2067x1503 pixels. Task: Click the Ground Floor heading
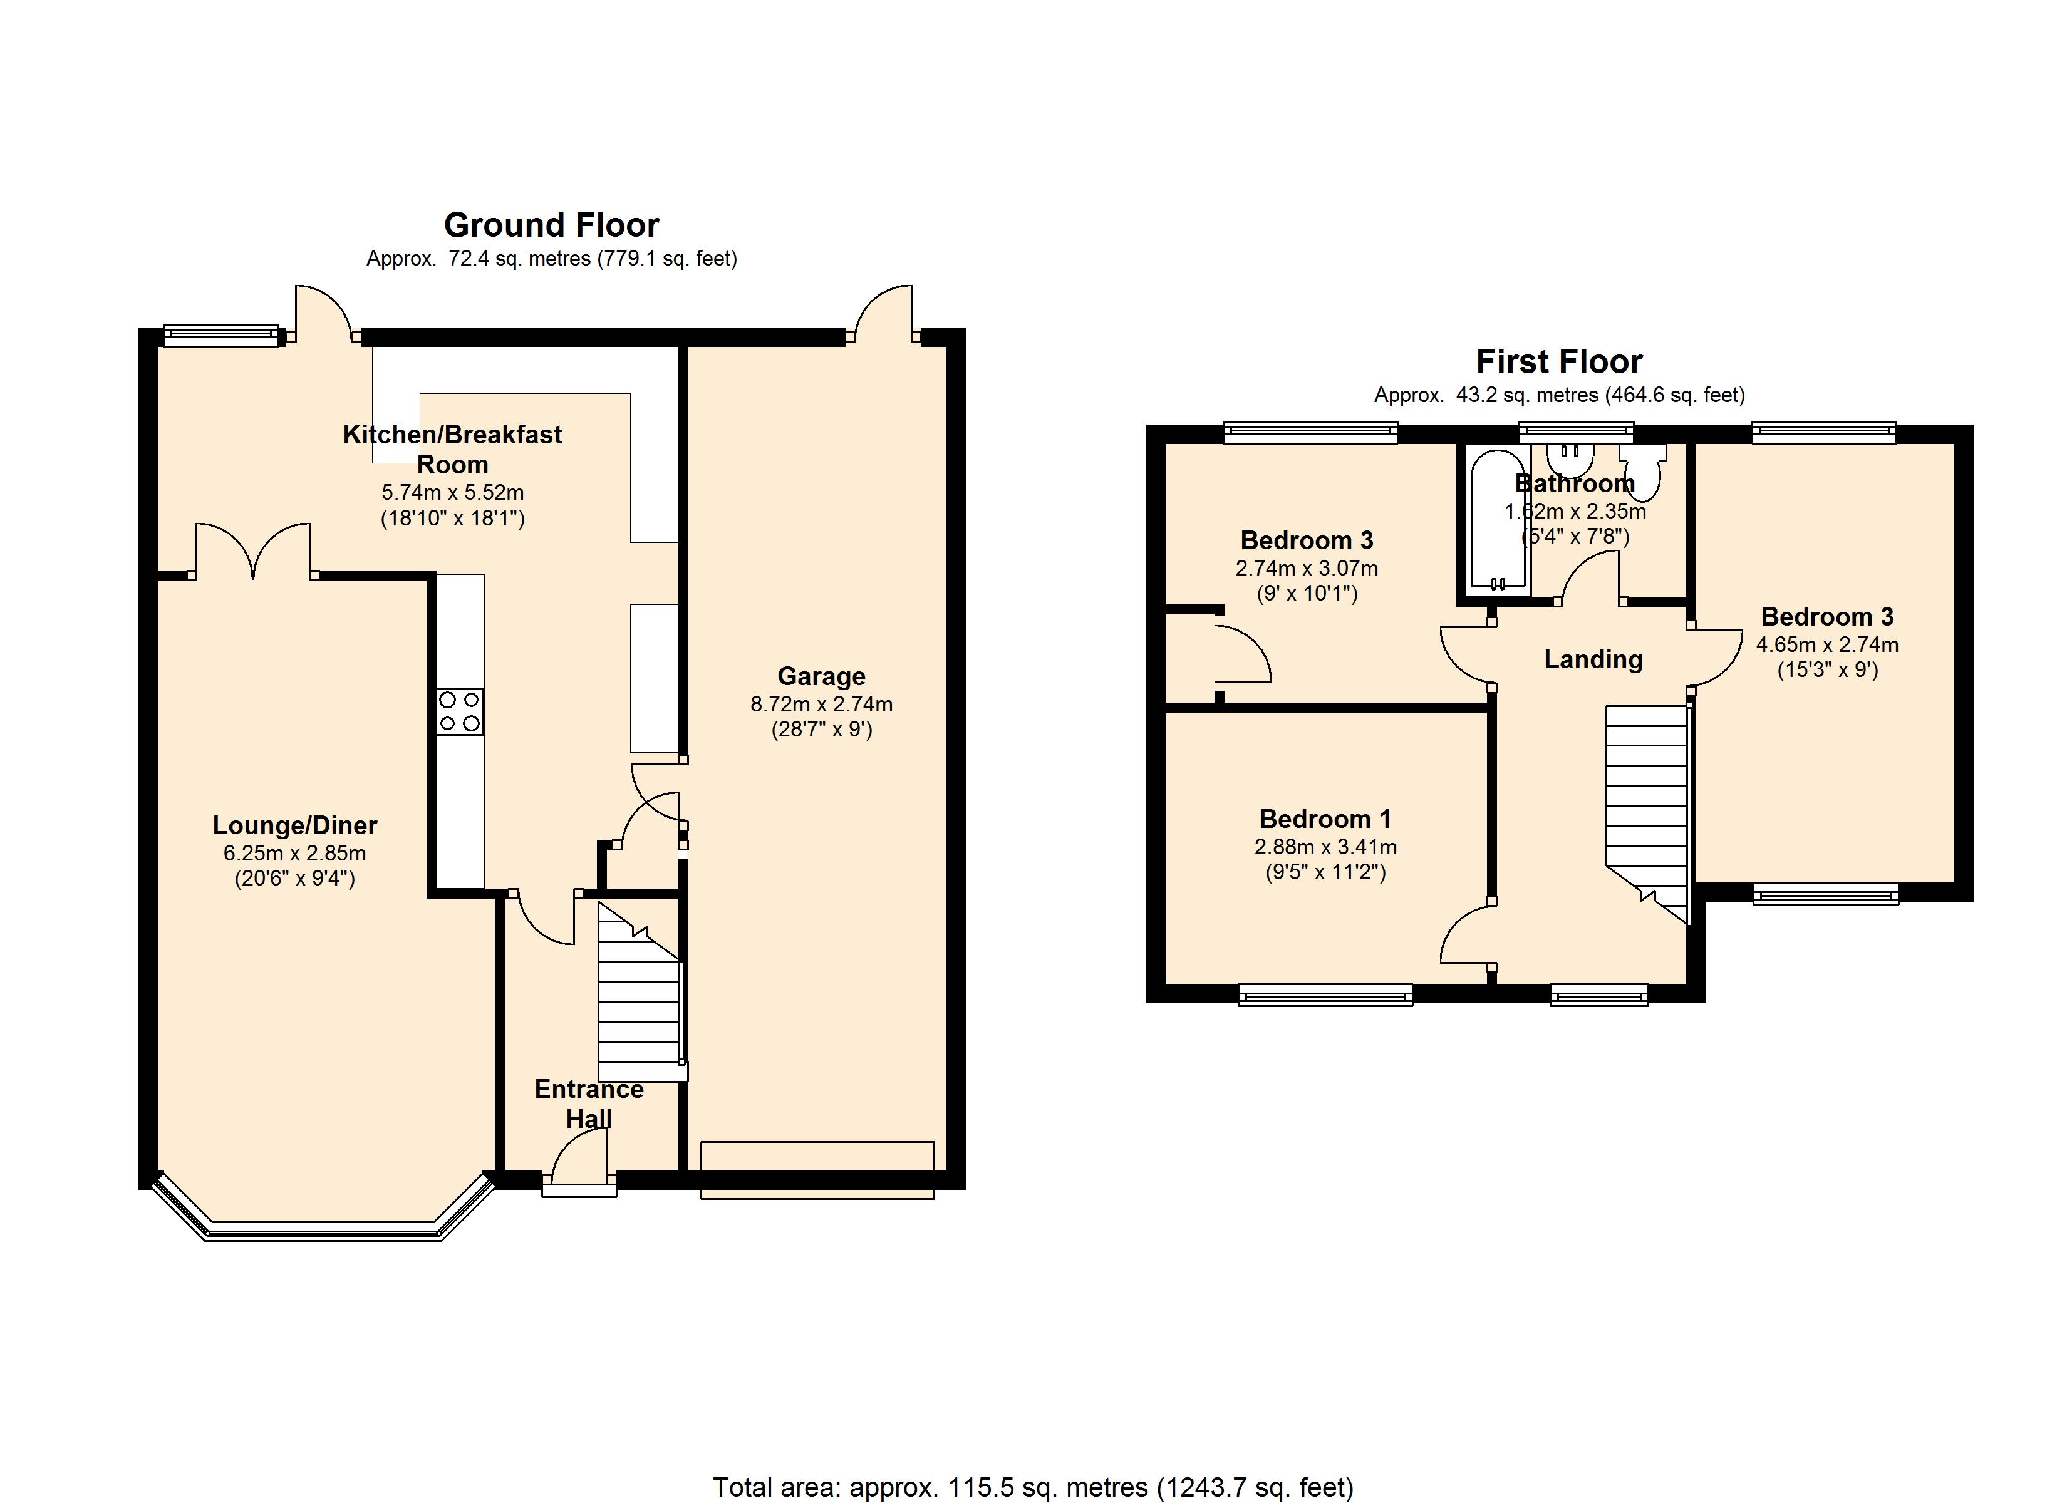pyautogui.click(x=551, y=225)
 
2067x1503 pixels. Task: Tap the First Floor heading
pyautogui.click(x=1560, y=362)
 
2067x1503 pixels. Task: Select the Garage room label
pyautogui.click(x=821, y=676)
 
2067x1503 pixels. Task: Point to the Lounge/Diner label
pyautogui.click(x=294, y=826)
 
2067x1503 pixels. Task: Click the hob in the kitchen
pyautogui.click(x=460, y=712)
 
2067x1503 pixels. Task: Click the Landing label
pyautogui.click(x=1593, y=659)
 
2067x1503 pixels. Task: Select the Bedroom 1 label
pyautogui.click(x=1325, y=819)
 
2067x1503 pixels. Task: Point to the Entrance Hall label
pyautogui.click(x=589, y=1104)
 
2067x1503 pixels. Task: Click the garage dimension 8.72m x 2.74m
pyautogui.click(x=821, y=704)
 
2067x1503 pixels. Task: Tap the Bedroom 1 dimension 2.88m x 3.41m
pyautogui.click(x=1325, y=847)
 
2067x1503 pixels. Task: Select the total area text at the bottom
pyautogui.click(x=1033, y=1487)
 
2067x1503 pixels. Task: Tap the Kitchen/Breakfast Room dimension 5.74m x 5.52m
pyautogui.click(x=452, y=493)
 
